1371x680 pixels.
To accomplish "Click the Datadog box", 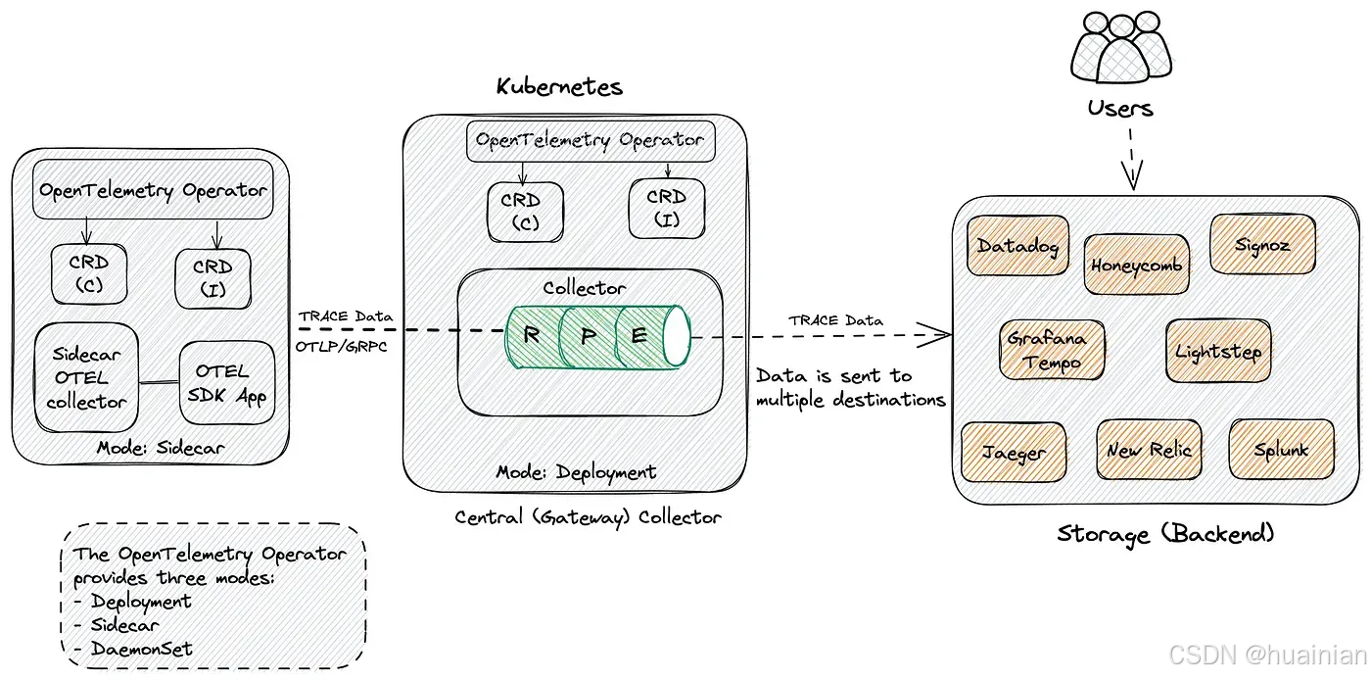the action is pos(1017,245).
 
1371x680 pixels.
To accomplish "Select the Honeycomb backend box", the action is pos(1137,265).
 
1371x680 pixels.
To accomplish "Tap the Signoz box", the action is pos(1262,244).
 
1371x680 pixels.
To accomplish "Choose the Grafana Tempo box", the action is pos(1052,350).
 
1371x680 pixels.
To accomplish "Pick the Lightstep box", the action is pos(1218,351).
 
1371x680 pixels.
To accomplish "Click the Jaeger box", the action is pos(1014,452).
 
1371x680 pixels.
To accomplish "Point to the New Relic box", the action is pos(1150,450).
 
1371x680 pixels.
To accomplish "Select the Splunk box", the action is pos(1282,449).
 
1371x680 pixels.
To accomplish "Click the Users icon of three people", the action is pos(1121,47).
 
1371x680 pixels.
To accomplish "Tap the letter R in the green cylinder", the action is pos(531,335).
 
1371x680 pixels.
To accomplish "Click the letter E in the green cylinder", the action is pos(638,335).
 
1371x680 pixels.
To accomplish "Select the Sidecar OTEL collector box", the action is pos(86,377).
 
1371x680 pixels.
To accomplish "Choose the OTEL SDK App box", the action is pos(227,383).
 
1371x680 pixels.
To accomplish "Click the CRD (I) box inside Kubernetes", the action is pos(667,209).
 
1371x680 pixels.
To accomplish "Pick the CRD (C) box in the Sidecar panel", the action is pos(89,273).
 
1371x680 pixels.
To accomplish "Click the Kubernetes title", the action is pos(559,86).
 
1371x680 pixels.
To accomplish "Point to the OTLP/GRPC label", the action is pos(342,347).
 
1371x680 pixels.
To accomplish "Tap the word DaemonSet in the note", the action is pos(142,648).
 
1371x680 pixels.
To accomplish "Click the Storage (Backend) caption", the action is pos(1166,534).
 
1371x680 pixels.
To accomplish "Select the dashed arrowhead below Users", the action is pos(1132,175).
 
